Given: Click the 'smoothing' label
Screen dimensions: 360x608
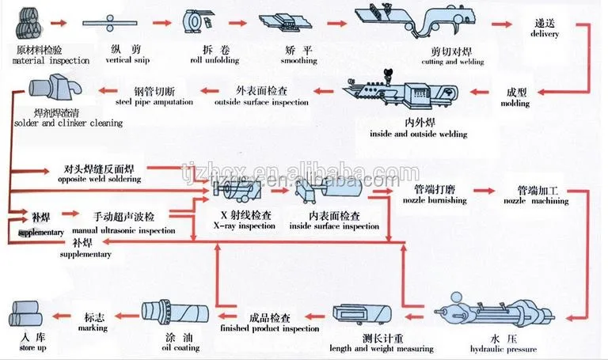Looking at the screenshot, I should (x=298, y=61).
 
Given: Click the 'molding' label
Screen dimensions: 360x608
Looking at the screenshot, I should (x=519, y=104).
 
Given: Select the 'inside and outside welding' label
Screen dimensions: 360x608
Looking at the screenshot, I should (x=418, y=134).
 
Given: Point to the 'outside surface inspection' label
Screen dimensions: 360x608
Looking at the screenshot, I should (x=261, y=101).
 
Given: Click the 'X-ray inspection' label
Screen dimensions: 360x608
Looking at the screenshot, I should (x=247, y=226).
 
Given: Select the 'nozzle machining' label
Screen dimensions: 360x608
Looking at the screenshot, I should (x=536, y=201).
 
